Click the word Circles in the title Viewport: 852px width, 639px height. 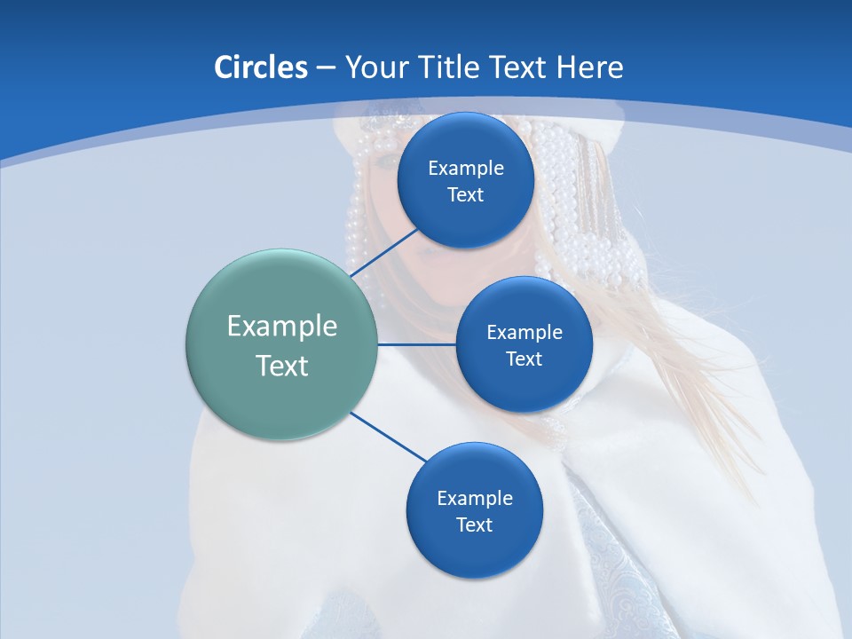coord(260,67)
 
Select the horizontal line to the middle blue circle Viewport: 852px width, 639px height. coord(416,344)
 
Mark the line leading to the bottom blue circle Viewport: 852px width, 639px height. coord(389,437)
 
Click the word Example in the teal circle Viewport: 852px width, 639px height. coord(282,326)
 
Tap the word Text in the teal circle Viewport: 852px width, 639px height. coord(282,366)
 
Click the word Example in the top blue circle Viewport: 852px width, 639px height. coord(465,168)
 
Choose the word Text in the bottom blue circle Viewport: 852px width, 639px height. coord(474,525)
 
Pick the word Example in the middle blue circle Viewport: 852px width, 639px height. coord(524,332)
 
